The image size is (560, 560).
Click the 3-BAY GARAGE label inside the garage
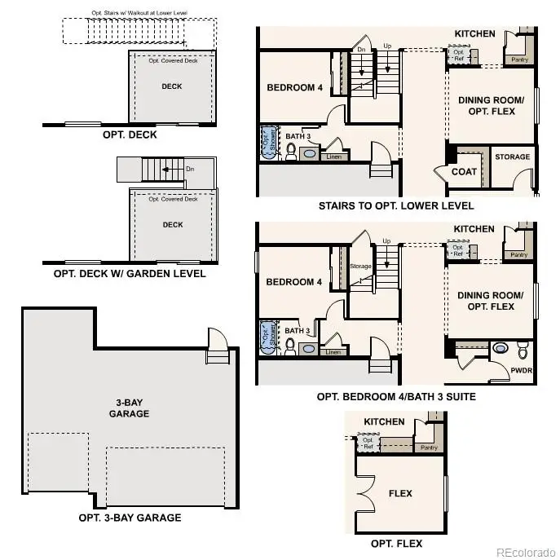pos(130,408)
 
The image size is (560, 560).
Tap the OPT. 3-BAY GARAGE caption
pos(130,518)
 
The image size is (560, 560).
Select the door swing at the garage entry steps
pos(216,337)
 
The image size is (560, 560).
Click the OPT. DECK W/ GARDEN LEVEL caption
pos(130,274)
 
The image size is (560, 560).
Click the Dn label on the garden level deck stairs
pos(189,170)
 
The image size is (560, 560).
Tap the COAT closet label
pos(464,172)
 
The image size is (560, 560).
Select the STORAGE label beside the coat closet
pos(512,157)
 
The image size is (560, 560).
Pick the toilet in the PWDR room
pos(523,350)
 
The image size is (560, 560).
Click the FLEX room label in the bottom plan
pos(400,493)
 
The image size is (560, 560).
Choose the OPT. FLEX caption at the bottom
pos(396,544)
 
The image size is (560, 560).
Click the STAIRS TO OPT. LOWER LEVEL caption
pos(396,205)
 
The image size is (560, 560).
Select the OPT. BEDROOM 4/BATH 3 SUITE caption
pos(396,397)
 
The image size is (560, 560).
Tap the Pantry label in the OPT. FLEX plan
pos(429,448)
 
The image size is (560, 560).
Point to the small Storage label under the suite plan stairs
pos(360,266)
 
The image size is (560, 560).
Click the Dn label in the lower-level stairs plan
pos(362,50)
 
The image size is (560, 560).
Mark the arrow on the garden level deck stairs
pos(168,170)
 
